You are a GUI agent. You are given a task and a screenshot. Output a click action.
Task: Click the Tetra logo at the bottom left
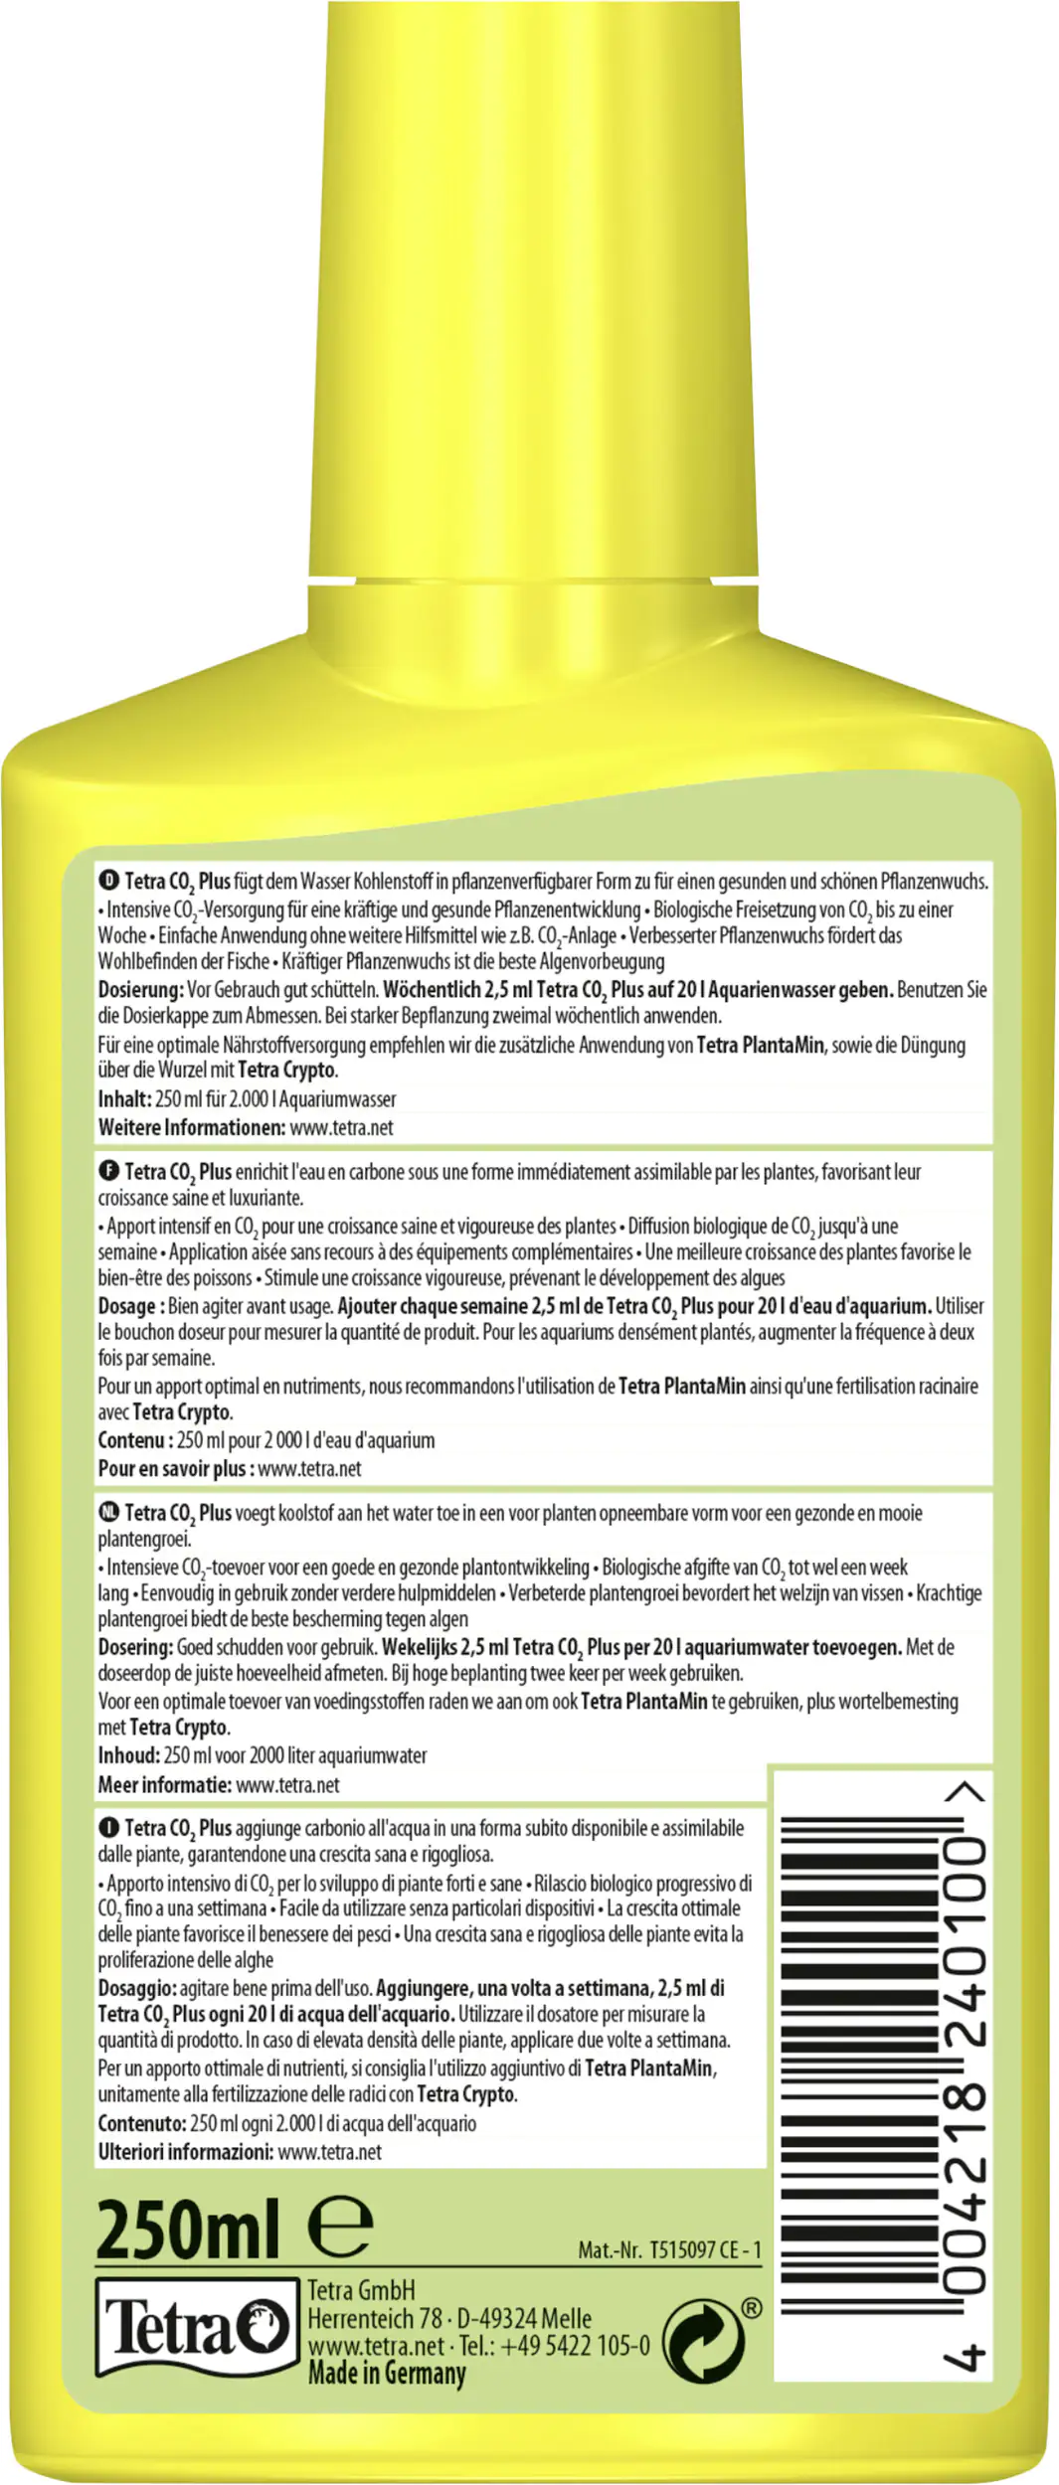(197, 2329)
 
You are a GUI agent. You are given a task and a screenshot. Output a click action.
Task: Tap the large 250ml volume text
(188, 2230)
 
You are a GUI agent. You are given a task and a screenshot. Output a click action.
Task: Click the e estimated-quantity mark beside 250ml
(340, 2227)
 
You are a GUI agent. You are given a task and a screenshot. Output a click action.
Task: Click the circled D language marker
(108, 881)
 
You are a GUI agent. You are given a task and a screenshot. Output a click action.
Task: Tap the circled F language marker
(108, 1171)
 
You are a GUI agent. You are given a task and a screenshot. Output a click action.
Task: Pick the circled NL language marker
(108, 1512)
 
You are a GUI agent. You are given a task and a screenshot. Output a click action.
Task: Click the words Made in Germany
(387, 2374)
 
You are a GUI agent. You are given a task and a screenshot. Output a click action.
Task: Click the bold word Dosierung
(140, 990)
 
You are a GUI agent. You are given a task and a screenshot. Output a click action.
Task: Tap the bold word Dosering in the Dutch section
(135, 1647)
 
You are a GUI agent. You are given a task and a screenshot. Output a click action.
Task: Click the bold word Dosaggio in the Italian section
(136, 1988)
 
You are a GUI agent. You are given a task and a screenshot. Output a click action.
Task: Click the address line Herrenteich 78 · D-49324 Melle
(449, 2318)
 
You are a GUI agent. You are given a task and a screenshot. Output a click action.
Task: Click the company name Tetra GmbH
(361, 2290)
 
